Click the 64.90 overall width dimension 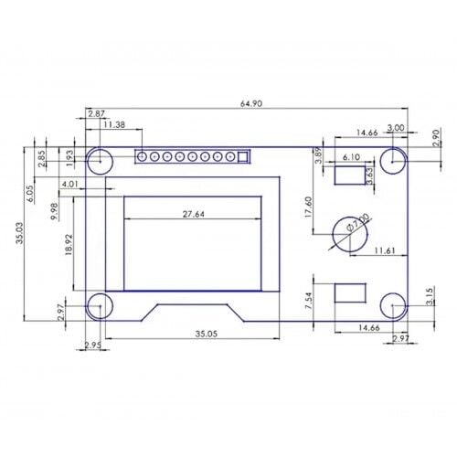[x=251, y=104]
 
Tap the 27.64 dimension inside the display [x=193, y=214]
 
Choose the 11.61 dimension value [x=384, y=250]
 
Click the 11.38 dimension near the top [x=115, y=124]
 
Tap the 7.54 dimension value [x=309, y=301]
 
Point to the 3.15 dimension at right [x=429, y=297]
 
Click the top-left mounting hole [x=100, y=161]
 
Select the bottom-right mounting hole [x=393, y=304]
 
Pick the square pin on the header [x=243, y=156]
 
